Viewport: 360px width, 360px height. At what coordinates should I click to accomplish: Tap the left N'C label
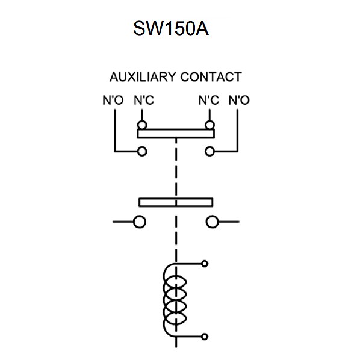pyautogui.click(x=143, y=100)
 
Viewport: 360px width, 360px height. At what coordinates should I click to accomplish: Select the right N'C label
pyautogui.click(x=208, y=100)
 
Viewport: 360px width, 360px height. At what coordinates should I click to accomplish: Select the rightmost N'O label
pyautogui.click(x=238, y=100)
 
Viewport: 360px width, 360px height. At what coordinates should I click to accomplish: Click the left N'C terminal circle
pyautogui.click(x=142, y=125)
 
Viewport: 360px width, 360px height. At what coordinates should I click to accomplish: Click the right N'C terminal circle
pyautogui.click(x=209, y=125)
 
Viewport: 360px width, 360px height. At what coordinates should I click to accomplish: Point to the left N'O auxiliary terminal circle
pyautogui.click(x=142, y=151)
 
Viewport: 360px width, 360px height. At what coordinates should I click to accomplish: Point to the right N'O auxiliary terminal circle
pyautogui.click(x=209, y=151)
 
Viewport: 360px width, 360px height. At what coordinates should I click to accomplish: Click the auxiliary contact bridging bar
pyautogui.click(x=176, y=134)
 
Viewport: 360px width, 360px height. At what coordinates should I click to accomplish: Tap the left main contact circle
pyautogui.click(x=139, y=222)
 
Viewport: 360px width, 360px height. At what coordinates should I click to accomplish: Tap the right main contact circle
pyautogui.click(x=212, y=222)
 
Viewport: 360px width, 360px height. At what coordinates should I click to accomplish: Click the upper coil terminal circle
pyautogui.click(x=205, y=264)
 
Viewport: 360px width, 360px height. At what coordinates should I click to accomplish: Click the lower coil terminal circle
pyautogui.click(x=205, y=337)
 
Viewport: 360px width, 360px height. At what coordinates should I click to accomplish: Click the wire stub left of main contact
pyautogui.click(x=122, y=222)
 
